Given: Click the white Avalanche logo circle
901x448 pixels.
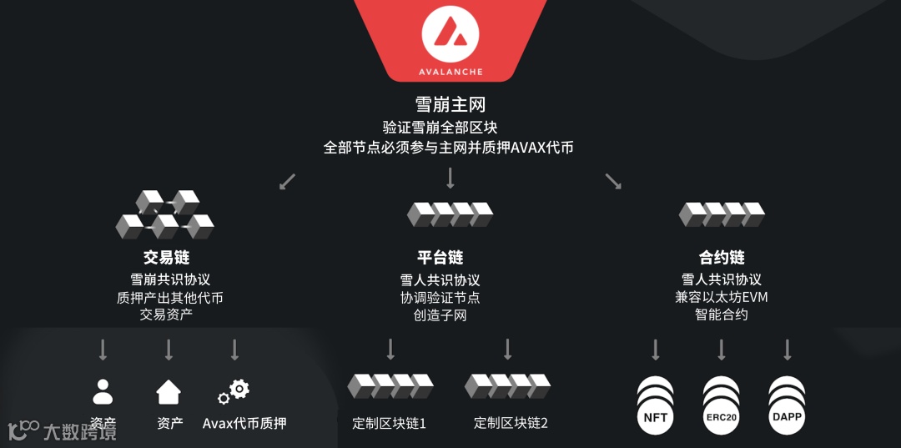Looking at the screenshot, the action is pos(450,34).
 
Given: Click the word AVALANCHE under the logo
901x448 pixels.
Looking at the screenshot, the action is pos(450,73).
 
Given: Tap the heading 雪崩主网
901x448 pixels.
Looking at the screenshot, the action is pos(450,105).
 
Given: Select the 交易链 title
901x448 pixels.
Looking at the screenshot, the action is pos(167,257).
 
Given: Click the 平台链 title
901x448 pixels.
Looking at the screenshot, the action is pos(440,257).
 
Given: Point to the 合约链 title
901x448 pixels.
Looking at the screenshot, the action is pos(722,257).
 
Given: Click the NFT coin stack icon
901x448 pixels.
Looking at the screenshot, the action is pos(656,404).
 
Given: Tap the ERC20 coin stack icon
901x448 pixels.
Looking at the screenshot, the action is pos(722,404).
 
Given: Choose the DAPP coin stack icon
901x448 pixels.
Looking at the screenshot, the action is pos(787,404).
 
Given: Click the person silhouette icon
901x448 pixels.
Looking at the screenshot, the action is pos(103,391).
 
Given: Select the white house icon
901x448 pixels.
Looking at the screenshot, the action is pos(169,391).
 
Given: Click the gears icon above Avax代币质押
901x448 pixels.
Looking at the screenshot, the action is pos(234,391).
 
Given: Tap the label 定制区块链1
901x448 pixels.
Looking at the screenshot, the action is pos(390,423).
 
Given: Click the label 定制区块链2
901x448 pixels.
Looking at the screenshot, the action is pos(511,423).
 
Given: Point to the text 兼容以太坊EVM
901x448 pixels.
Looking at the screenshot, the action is pos(722,297).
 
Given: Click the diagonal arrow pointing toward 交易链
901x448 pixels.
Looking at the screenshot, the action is pos(287,181).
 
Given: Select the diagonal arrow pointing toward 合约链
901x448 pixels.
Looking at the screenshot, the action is pos(613,181).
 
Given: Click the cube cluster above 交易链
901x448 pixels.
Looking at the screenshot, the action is pos(165,215).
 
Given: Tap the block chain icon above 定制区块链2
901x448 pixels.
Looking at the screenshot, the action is pos(507,385).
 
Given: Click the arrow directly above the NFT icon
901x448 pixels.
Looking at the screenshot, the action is pos(656,350).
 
